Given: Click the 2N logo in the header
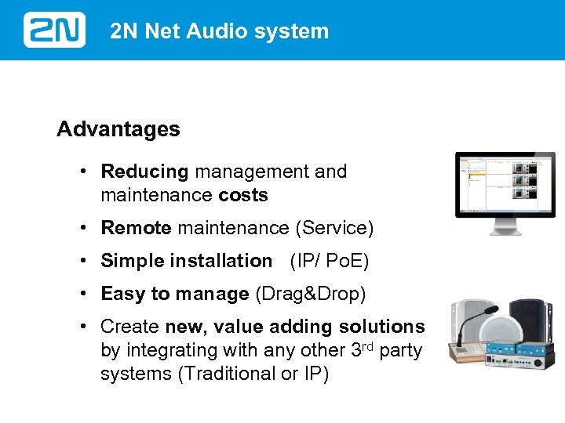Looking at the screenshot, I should coord(54,31).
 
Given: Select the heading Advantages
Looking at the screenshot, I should coord(118,129).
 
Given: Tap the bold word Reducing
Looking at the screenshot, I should coord(145,172).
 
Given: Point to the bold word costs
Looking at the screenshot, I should coord(243,195).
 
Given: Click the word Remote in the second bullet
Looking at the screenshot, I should coord(136,228).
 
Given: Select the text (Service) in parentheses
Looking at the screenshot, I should coord(334,228).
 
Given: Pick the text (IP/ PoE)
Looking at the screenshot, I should coord(329,261).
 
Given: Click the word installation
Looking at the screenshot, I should coord(222,261).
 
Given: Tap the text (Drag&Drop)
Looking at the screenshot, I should coord(311,294).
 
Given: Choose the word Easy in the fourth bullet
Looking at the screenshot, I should coord(123,294).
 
